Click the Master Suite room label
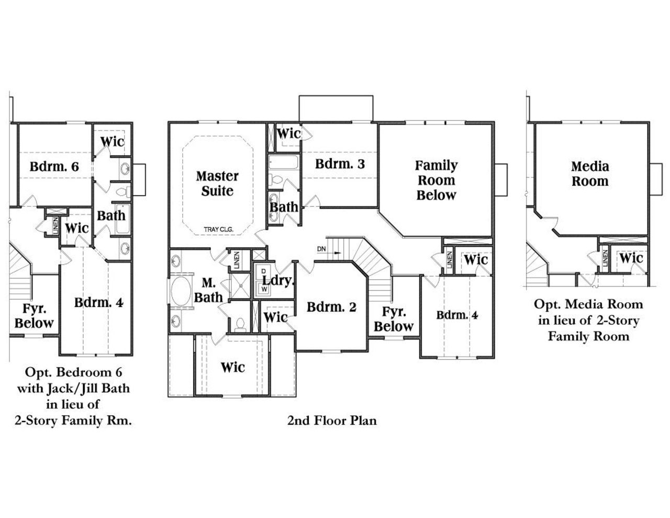point(217,183)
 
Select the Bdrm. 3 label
point(340,164)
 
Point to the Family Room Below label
point(436,180)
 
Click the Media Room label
point(589,174)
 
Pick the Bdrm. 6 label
point(54,167)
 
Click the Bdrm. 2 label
point(331,307)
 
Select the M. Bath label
point(208,290)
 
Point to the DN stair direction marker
point(321,249)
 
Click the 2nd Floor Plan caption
point(331,420)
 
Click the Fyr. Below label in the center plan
point(394,319)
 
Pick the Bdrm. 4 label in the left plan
point(98,303)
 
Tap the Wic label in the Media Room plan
point(631,258)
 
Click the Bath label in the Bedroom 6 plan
point(111,215)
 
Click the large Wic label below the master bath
point(232,367)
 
